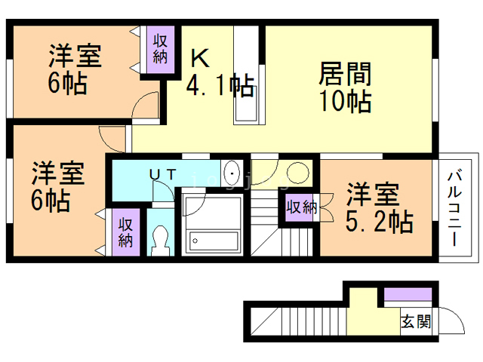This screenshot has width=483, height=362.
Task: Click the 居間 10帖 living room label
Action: [x=344, y=87]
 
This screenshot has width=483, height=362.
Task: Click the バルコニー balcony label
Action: [x=455, y=207]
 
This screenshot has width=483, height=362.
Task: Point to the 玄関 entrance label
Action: [x=415, y=322]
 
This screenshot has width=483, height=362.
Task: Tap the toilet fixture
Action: [x=159, y=241]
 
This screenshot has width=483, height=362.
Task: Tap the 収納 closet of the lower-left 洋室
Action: [x=125, y=234]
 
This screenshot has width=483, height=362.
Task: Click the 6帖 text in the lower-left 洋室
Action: [x=49, y=201]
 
